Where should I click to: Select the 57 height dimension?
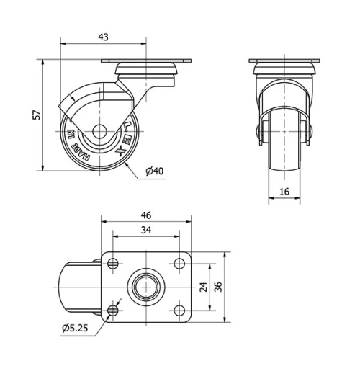(x=37, y=115)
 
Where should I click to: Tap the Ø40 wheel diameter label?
(x=154, y=171)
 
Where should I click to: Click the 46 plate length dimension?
(x=147, y=215)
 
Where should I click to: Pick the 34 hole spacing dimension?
(x=146, y=231)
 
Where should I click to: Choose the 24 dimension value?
(x=204, y=286)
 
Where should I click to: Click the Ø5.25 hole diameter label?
(x=74, y=329)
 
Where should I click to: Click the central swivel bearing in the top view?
(x=146, y=287)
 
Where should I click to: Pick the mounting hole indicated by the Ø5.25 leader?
(x=113, y=311)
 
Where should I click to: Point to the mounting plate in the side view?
(x=146, y=61)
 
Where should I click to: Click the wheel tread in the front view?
(x=286, y=144)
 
